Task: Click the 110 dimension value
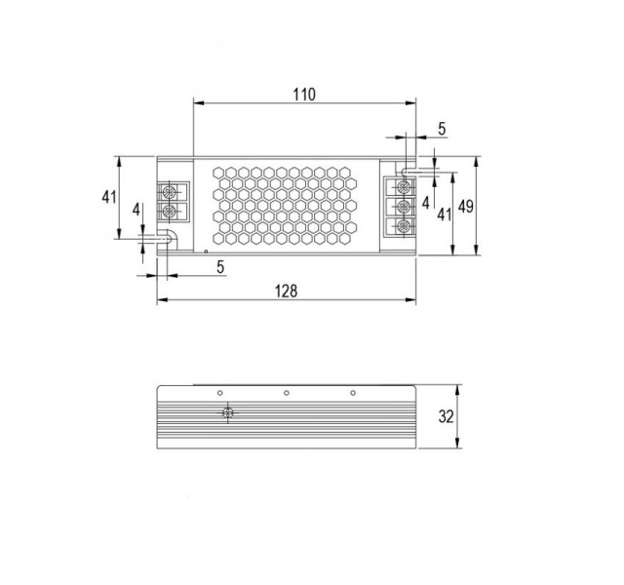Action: coord(304,95)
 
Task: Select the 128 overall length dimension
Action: coord(285,290)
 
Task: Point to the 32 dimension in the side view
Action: coord(447,416)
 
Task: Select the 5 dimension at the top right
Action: coord(441,128)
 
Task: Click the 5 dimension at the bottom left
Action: coord(220,265)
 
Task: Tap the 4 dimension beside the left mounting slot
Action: coord(136,210)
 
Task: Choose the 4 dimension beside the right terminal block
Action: coord(426,201)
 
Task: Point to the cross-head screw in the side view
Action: coord(227,413)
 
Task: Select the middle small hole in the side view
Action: coord(287,394)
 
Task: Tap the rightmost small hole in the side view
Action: coord(353,394)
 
